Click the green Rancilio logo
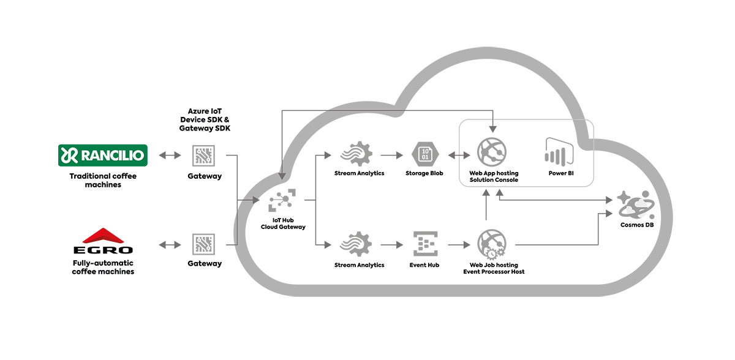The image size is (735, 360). click(x=103, y=156)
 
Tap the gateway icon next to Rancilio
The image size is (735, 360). click(x=204, y=156)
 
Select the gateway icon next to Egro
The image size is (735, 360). click(x=204, y=244)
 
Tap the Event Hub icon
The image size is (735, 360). click(x=424, y=244)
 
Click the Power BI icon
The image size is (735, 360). click(x=558, y=151)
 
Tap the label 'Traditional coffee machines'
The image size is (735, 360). click(x=103, y=181)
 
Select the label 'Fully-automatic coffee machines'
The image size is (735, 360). click(x=103, y=268)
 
